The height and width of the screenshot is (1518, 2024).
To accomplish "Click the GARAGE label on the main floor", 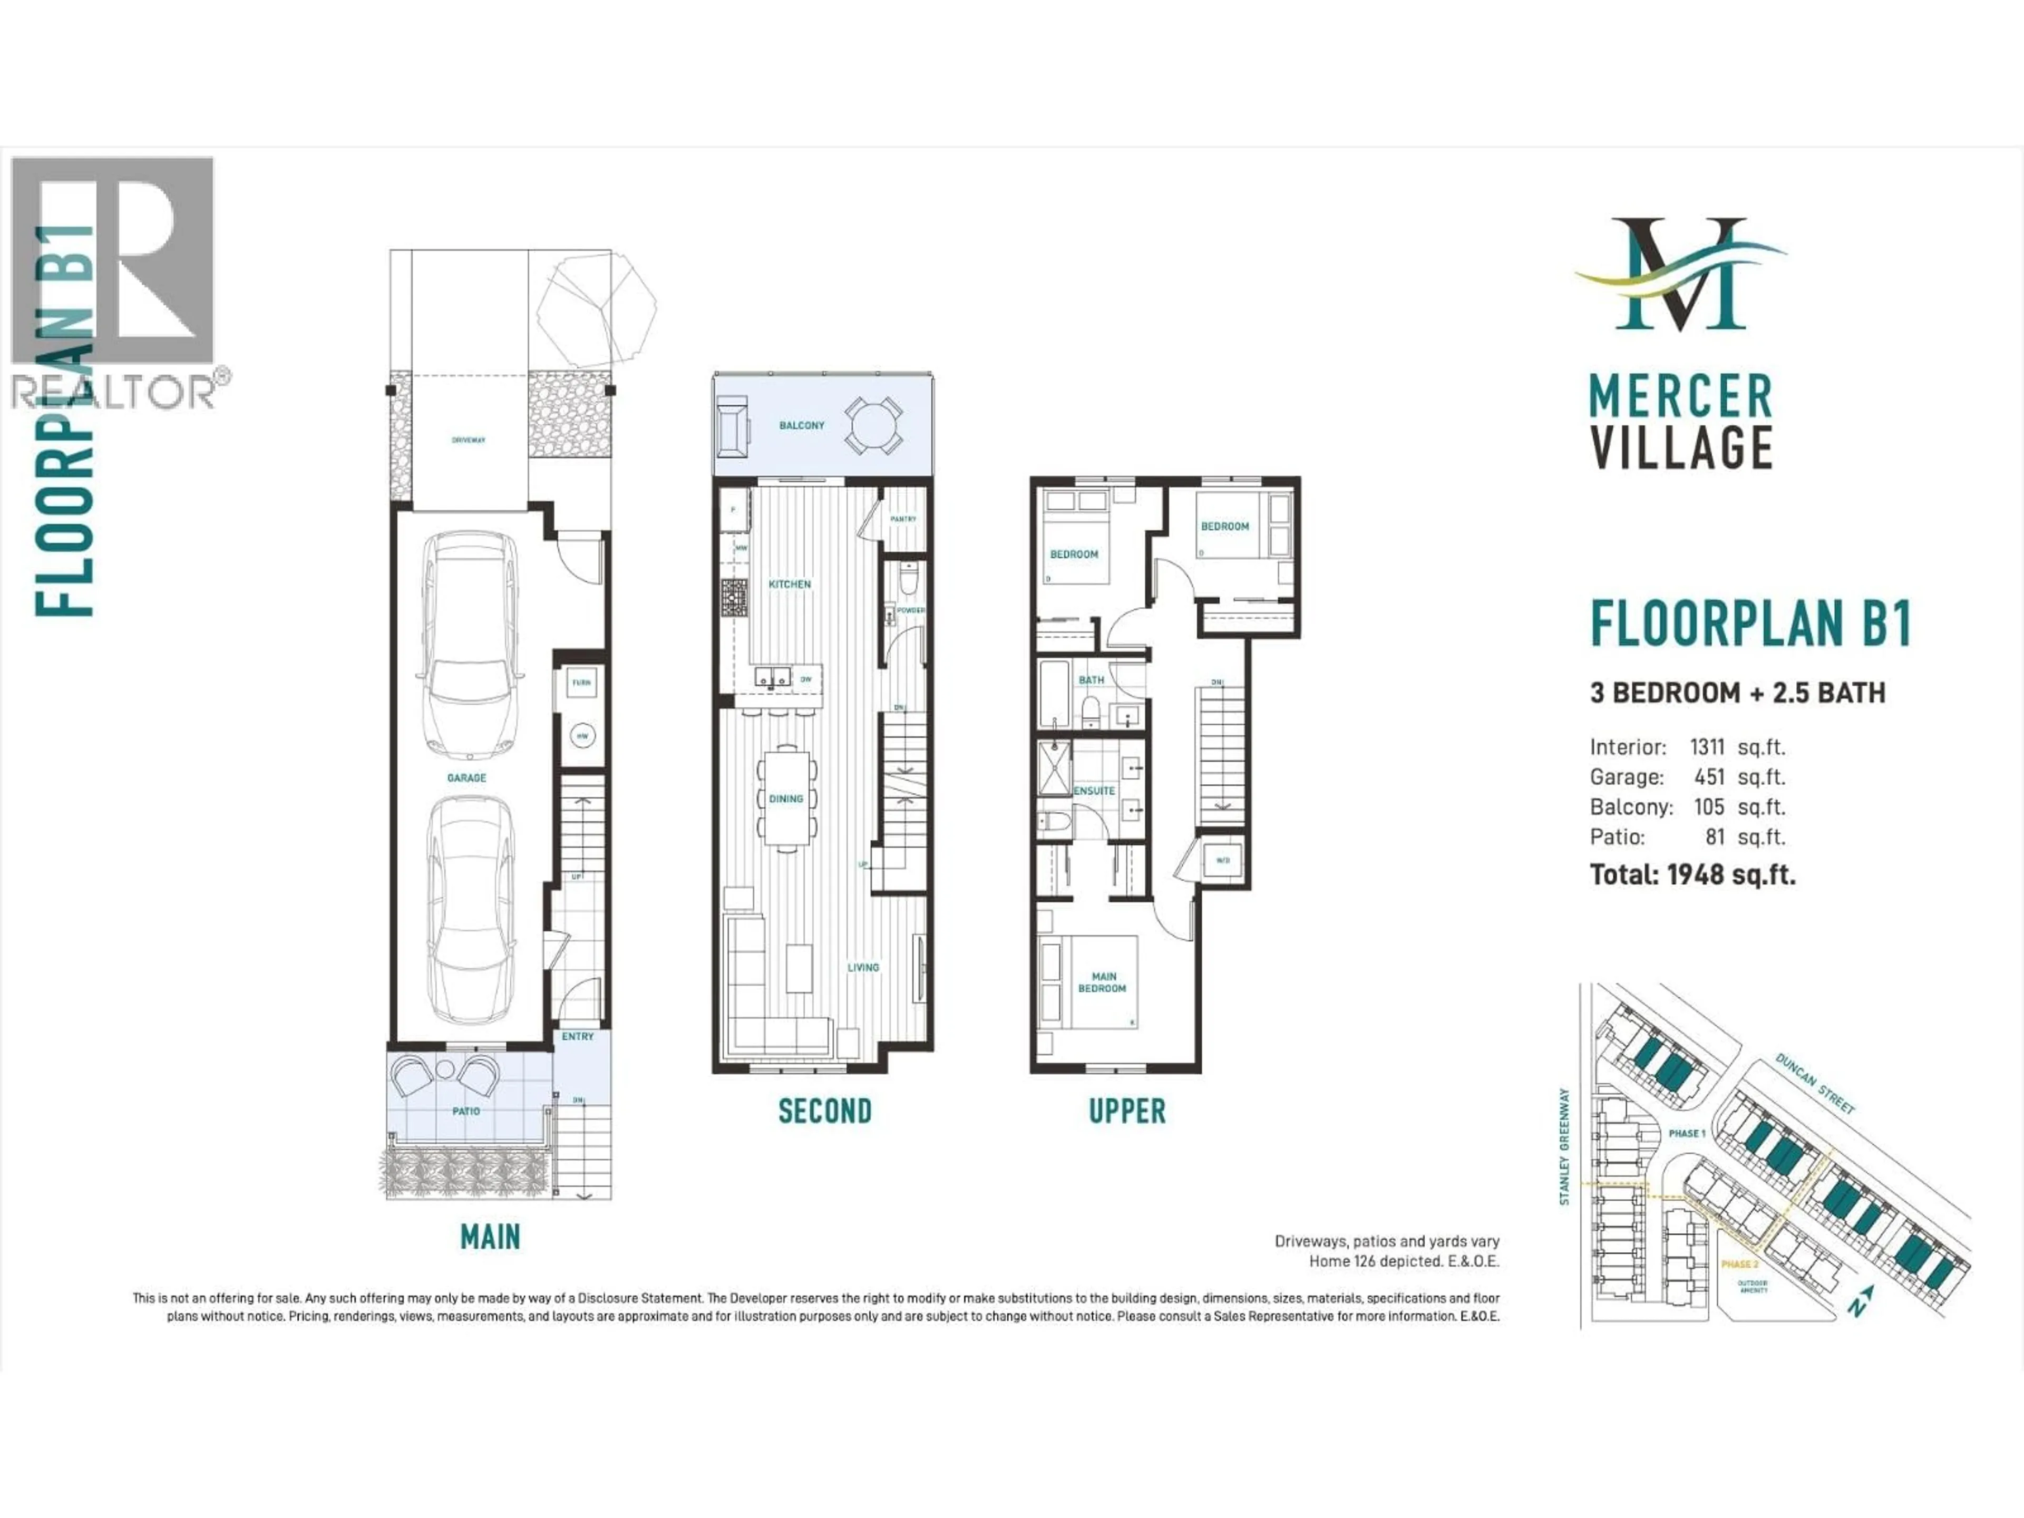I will click(466, 778).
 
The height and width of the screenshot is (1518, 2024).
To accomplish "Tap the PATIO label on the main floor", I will click(466, 1111).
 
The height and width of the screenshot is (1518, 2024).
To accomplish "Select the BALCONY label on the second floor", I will click(802, 425).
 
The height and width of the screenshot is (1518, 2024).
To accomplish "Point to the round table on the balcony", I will click(874, 425).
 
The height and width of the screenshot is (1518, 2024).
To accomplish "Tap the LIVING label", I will click(863, 967).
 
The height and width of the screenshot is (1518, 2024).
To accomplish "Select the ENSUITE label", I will click(1094, 791).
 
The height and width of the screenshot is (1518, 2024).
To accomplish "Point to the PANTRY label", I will click(902, 519).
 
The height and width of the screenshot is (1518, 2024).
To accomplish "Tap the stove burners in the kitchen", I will click(734, 598).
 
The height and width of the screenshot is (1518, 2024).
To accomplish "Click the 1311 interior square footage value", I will click(1707, 747).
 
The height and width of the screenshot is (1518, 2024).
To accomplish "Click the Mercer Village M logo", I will click(1679, 275).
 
